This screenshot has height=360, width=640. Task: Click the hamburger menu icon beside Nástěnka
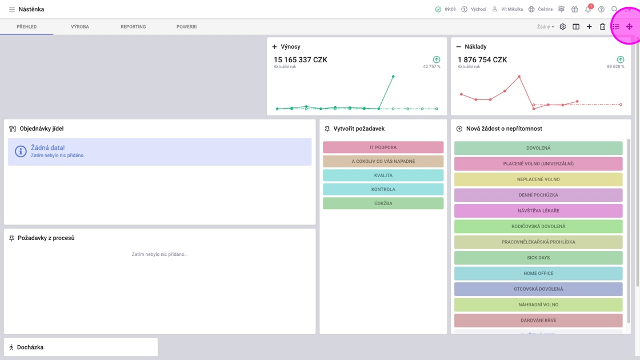pyautogui.click(x=11, y=9)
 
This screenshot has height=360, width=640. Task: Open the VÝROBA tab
pyautogui.click(x=80, y=27)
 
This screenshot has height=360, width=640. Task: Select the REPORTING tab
pyautogui.click(x=133, y=27)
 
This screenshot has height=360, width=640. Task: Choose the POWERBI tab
pyautogui.click(x=186, y=27)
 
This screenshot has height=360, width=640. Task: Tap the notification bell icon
pyautogui.click(x=587, y=9)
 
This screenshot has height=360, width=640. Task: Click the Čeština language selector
pyautogui.click(x=540, y=9)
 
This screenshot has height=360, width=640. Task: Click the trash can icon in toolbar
pyautogui.click(x=602, y=27)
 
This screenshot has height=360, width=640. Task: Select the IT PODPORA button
pyautogui.click(x=383, y=147)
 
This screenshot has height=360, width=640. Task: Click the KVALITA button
pyautogui.click(x=383, y=175)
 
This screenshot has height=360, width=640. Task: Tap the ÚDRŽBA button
pyautogui.click(x=383, y=203)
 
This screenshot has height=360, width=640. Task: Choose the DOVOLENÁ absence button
pyautogui.click(x=538, y=148)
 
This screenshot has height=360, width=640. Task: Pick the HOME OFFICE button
pyautogui.click(x=538, y=273)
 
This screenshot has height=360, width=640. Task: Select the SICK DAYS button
pyautogui.click(x=538, y=258)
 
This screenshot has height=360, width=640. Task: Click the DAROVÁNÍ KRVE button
pyautogui.click(x=538, y=320)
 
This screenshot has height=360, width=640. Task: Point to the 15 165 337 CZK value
pyautogui.click(x=301, y=60)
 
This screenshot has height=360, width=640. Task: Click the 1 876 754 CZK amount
pyautogui.click(x=482, y=60)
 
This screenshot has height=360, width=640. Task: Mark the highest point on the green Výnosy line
pyautogui.click(x=393, y=77)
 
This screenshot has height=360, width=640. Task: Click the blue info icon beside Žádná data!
pyautogui.click(x=21, y=151)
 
